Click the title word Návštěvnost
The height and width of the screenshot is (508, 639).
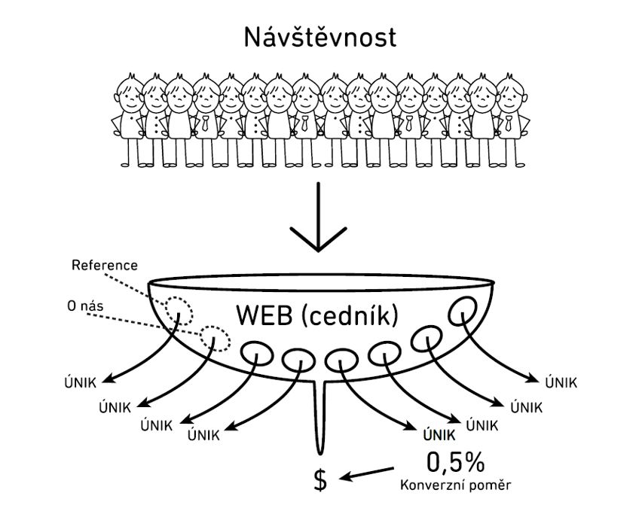pos(319,38)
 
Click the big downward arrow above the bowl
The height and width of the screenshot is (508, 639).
pos(318,217)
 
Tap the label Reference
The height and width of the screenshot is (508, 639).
pos(105,266)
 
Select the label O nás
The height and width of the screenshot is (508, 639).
pos(85,306)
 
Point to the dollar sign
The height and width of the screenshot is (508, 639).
pos(321,480)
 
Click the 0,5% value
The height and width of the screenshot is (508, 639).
pos(456,461)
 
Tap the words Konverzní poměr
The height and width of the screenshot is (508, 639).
pos(455,485)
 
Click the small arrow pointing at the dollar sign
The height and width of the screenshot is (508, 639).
pos(366,473)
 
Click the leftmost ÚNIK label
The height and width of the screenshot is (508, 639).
pos(81,383)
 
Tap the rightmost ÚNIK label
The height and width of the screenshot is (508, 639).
pos(561,382)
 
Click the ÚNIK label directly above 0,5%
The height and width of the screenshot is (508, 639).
pos(439,435)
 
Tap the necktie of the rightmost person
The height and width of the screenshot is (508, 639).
pos(508,123)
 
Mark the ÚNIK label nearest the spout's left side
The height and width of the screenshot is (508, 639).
pos(203,435)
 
